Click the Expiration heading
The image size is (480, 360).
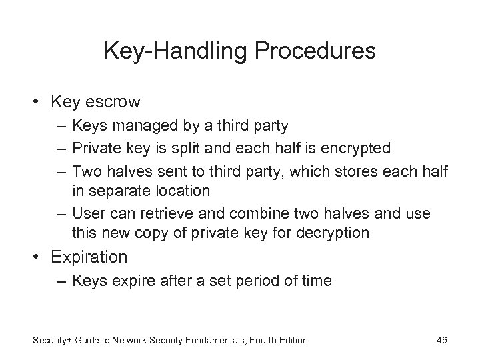(x=85, y=256)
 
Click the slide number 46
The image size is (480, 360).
(x=441, y=341)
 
